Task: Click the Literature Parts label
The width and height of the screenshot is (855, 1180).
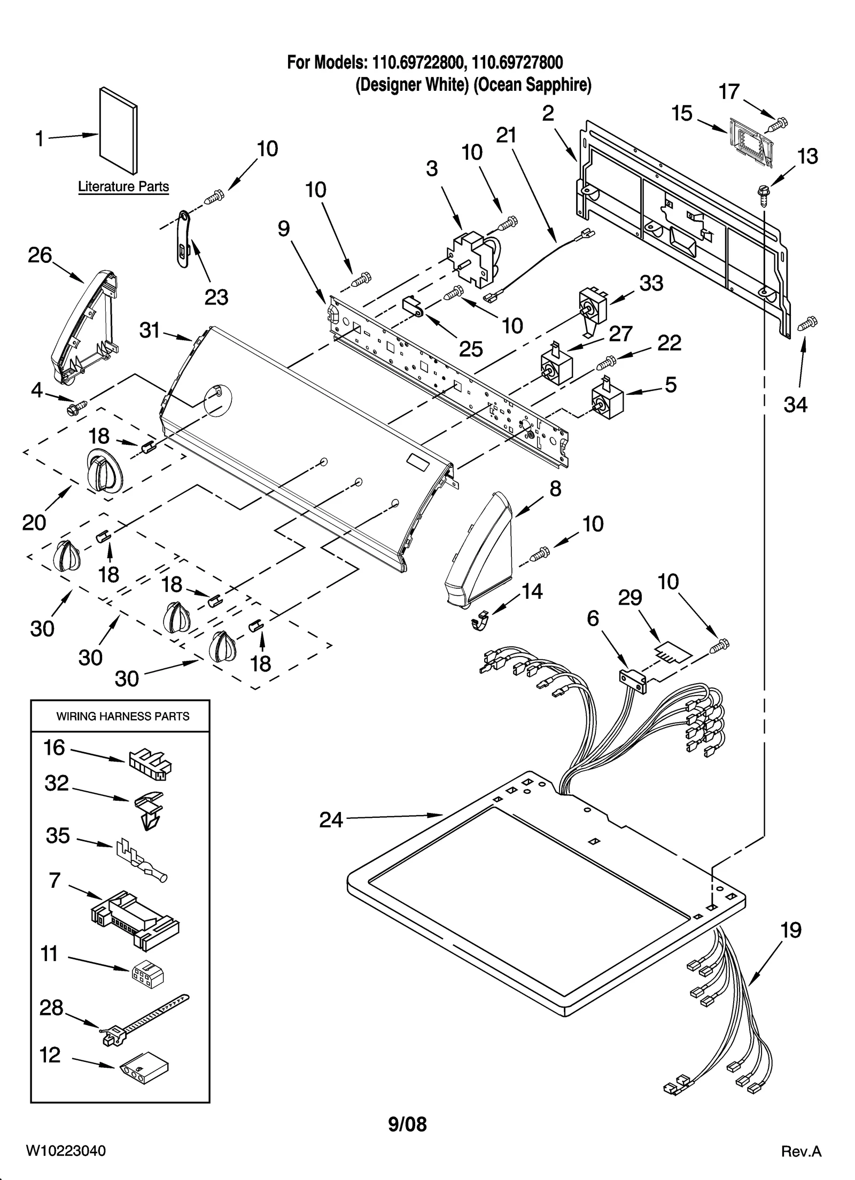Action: point(123,187)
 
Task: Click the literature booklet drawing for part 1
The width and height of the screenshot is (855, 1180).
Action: point(118,131)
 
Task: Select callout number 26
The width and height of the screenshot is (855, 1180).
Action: point(40,255)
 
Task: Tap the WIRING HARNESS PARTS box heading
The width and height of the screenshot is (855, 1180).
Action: point(123,716)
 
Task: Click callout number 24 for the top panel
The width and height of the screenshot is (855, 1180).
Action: point(331,819)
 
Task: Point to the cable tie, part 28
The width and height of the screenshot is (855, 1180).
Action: point(144,1014)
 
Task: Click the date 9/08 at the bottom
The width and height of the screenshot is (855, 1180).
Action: point(407,1124)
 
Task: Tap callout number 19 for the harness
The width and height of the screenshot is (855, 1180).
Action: point(791,931)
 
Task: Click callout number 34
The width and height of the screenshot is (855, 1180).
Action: point(795,405)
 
